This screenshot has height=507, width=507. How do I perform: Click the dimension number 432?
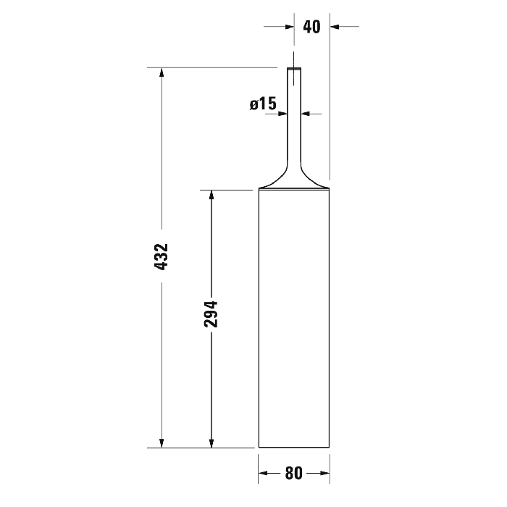[x=161, y=257]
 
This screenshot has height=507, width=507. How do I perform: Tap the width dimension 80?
[x=293, y=474]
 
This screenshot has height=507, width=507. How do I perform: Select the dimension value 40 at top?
[x=311, y=27]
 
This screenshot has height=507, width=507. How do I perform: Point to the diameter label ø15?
[x=263, y=104]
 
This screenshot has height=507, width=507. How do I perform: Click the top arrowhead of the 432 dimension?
[x=162, y=73]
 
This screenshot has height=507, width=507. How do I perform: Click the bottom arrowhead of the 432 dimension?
[x=162, y=443]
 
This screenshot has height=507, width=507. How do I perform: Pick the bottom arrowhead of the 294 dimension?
[x=211, y=443]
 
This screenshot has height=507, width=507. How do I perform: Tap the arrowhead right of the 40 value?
[x=335, y=27]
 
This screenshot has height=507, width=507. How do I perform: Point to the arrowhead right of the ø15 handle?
[x=305, y=113]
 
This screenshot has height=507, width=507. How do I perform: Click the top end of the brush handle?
[x=294, y=69]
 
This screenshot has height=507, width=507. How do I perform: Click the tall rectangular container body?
[x=294, y=319]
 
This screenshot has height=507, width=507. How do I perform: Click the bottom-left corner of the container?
[x=259, y=448]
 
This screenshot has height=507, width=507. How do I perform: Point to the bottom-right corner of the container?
[x=330, y=448]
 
